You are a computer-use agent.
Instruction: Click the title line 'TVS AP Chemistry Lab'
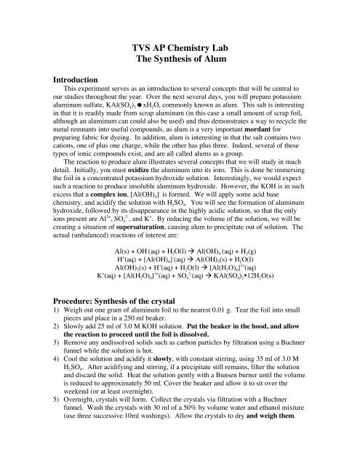(x=179, y=46)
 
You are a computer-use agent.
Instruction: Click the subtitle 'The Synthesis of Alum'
(x=179, y=60)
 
